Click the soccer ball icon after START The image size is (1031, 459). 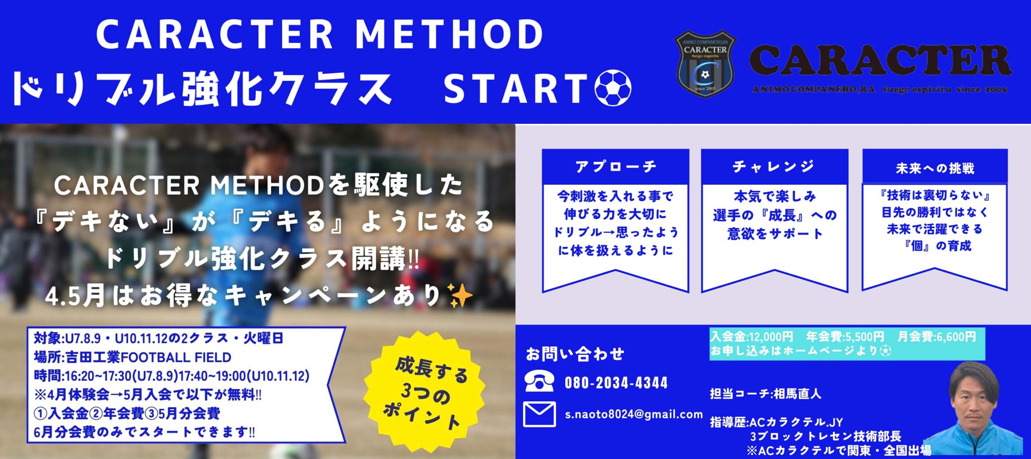pos(613,88)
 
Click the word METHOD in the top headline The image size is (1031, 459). pos(449,35)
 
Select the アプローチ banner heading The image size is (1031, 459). pos(616,166)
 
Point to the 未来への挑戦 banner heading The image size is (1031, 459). pos(935,168)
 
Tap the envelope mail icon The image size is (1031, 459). pos(539,414)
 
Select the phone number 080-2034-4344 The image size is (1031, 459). pos(616,383)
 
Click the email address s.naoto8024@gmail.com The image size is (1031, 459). pos(634,414)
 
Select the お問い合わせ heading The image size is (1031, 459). pos(575,354)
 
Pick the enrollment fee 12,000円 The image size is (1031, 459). pos(770,337)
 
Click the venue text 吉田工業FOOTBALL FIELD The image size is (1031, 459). pos(149,357)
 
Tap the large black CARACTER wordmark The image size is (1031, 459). pos(880,60)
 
